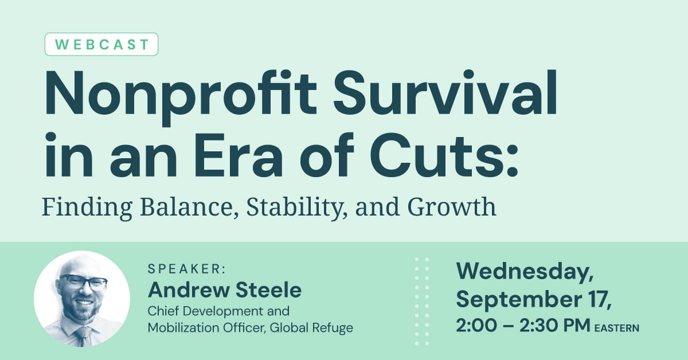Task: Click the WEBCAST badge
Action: tap(101, 44)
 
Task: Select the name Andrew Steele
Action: tap(224, 290)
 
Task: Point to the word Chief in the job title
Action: tap(164, 312)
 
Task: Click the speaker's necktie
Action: tap(84, 336)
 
